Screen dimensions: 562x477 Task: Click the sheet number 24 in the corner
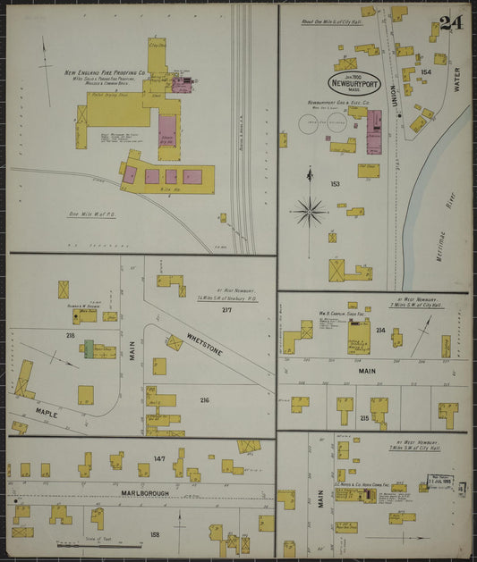click(x=450, y=23)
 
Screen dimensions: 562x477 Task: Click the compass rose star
click(x=311, y=212)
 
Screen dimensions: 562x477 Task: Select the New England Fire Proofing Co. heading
click(x=105, y=74)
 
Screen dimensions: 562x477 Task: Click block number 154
click(x=426, y=71)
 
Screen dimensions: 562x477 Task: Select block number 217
click(x=226, y=310)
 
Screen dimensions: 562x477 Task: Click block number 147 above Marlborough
click(x=159, y=457)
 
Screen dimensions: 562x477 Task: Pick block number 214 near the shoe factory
click(x=379, y=330)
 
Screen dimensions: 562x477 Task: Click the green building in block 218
click(x=89, y=349)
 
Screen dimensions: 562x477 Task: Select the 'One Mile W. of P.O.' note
click(x=94, y=214)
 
